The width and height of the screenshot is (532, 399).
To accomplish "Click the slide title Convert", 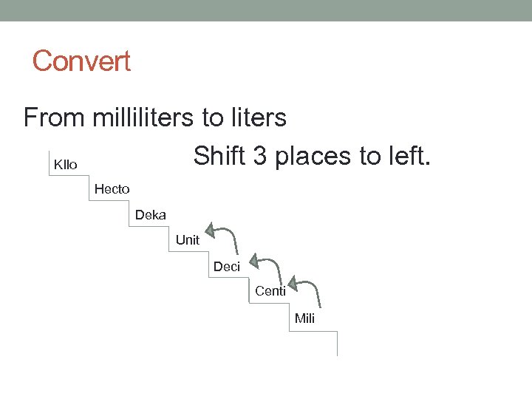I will click(x=81, y=61).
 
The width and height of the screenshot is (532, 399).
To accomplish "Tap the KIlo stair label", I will click(x=66, y=164).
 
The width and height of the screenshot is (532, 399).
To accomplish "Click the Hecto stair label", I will click(x=112, y=189).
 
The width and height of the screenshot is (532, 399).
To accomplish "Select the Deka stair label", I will click(x=151, y=215).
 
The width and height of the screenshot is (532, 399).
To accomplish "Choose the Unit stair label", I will click(x=188, y=240).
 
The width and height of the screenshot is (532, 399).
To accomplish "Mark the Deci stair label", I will click(x=227, y=267).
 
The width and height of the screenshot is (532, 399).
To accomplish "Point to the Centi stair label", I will click(x=270, y=291).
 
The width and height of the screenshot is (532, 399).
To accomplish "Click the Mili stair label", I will click(x=304, y=318).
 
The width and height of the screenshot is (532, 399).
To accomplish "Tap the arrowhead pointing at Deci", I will click(x=253, y=260).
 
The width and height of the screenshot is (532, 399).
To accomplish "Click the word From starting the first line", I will click(x=55, y=117).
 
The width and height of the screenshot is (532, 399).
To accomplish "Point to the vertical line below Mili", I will click(x=337, y=344).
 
